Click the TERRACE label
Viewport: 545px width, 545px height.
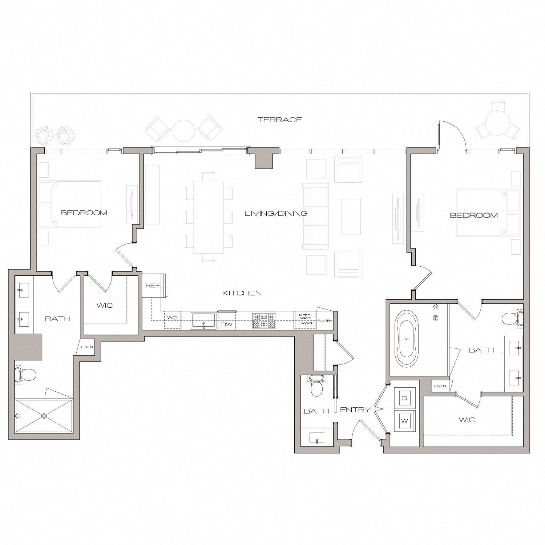(280, 120)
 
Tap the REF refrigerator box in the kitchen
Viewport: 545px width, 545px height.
(153, 286)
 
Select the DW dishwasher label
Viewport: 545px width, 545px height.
(226, 324)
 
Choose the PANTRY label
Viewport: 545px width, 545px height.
(324, 320)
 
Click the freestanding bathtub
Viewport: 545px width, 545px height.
(407, 338)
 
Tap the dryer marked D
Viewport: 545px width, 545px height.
(404, 398)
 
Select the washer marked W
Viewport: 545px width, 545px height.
(404, 421)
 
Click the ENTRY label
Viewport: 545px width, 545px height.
(355, 409)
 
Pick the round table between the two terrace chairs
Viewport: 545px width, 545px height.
(184, 130)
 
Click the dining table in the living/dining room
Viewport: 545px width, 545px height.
(209, 217)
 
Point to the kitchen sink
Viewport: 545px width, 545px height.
(204, 321)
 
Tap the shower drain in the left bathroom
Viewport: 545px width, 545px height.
(44, 416)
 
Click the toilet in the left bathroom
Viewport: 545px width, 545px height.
(25, 375)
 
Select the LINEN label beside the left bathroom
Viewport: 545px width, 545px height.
(87, 347)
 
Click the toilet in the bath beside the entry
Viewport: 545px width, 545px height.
(317, 387)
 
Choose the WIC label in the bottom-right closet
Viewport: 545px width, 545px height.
(467, 420)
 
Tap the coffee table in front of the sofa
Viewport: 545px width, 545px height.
(351, 217)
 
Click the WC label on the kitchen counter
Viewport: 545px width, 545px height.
(172, 318)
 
